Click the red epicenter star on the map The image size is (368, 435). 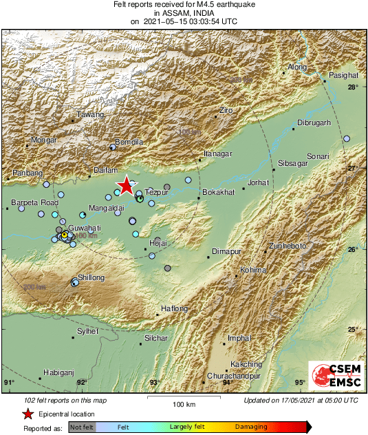point(126,186)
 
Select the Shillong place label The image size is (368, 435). point(91,277)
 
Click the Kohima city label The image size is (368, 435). point(252,270)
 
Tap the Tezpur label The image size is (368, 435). point(157,193)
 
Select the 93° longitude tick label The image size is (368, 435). point(154,383)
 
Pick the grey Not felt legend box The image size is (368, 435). point(82,427)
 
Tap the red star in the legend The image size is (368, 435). point(28,414)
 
